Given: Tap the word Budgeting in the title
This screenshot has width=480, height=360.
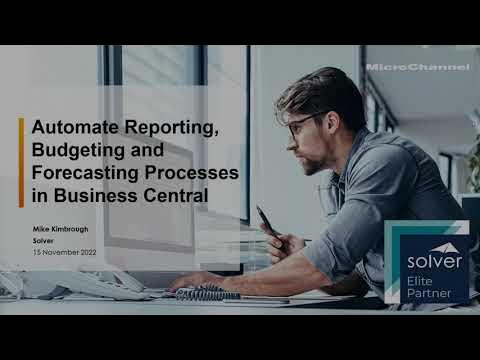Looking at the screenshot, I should pos(74,151).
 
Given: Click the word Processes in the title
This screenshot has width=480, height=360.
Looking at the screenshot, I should pos(190,173).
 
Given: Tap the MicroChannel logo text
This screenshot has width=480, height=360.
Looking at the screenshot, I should pos(417,67).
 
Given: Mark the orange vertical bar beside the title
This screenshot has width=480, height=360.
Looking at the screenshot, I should pos(21,162).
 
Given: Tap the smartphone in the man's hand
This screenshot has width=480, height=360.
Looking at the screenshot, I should pos(266,221).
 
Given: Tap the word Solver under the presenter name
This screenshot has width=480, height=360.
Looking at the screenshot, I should pos(43,241).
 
